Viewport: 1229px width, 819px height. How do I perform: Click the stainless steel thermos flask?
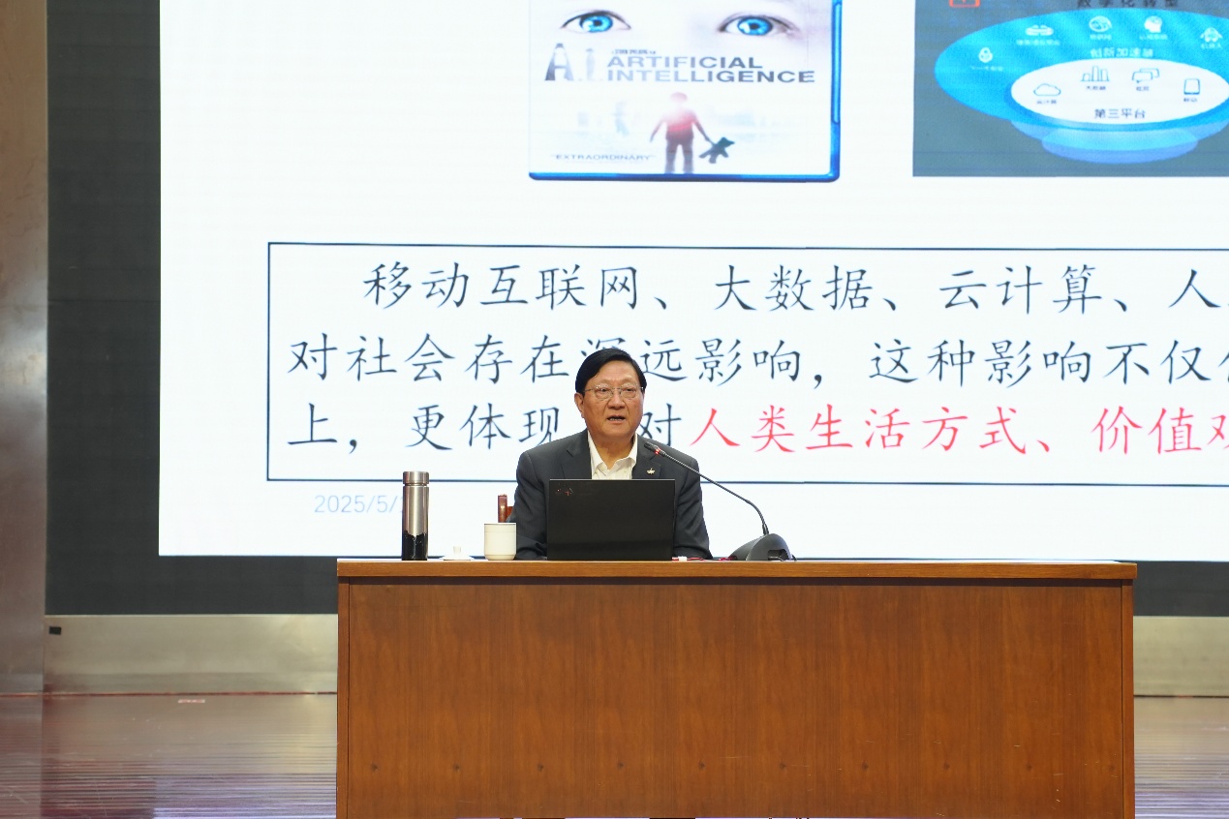415,515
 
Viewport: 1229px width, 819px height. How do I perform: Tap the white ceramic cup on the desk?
500,541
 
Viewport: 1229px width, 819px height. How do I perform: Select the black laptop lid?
610,519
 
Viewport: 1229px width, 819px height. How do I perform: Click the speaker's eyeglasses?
612,392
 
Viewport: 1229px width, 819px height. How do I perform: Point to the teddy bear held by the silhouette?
717,148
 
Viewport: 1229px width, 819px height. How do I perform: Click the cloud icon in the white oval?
1047,90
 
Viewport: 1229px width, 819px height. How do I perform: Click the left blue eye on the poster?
596,21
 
